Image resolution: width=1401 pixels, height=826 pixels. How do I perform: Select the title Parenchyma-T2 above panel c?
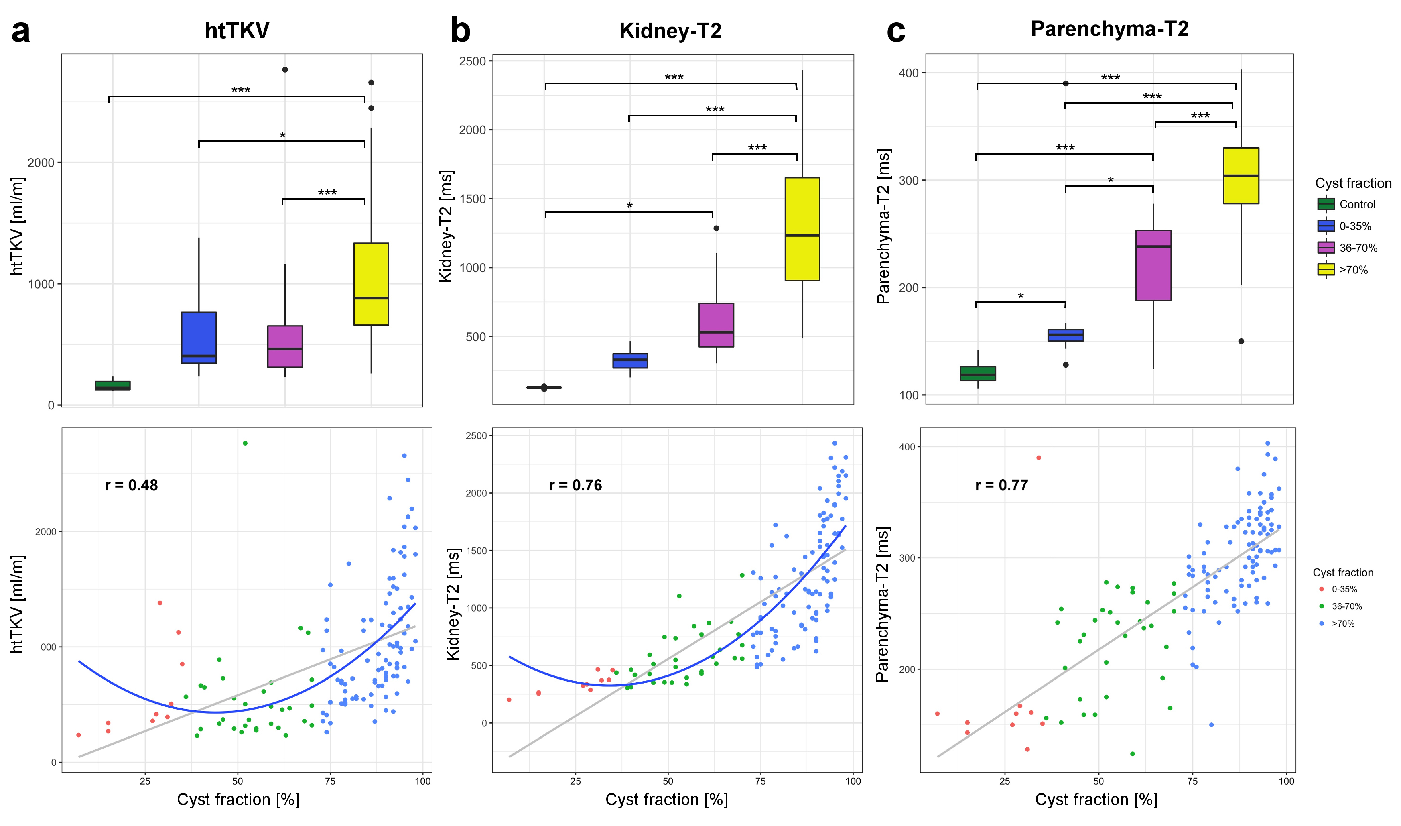coord(1109,29)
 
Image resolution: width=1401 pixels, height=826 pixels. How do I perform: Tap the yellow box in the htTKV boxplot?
coord(371,284)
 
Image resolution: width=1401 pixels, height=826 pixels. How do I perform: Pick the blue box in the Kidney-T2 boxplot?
coord(630,361)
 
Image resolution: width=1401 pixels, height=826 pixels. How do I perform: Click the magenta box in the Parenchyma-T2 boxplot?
coord(1153,266)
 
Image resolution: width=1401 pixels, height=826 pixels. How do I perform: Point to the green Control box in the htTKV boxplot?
coord(112,385)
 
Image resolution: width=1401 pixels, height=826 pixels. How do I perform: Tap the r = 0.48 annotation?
coord(131,485)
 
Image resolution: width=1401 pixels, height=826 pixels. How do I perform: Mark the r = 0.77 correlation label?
coord(1001,485)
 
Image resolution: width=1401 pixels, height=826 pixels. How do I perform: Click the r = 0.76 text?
coord(575,485)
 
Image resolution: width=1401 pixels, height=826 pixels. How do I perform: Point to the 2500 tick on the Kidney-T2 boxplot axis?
coord(472,61)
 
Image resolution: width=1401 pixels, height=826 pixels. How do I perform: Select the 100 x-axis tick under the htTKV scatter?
coord(422,781)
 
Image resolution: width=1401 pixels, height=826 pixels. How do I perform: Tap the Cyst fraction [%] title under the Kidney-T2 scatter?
coord(666,800)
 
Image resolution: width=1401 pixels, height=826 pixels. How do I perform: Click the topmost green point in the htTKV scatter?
coord(245,443)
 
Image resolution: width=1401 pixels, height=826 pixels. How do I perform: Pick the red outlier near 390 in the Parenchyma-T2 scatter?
coord(1038,458)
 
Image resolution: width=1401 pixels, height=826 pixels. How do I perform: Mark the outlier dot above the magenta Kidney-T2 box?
coord(716,228)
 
